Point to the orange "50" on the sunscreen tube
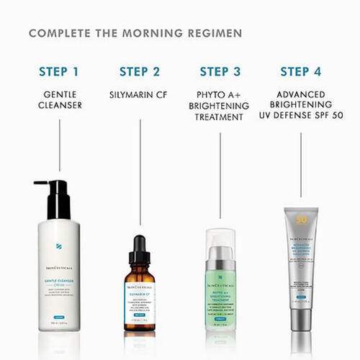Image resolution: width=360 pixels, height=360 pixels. click(x=301, y=219)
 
